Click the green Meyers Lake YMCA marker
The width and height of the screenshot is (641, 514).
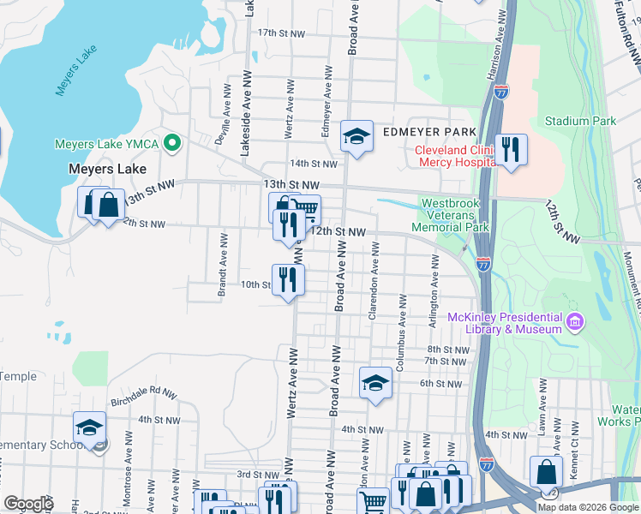pos(171,143)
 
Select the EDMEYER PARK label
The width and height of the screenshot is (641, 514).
pos(428,132)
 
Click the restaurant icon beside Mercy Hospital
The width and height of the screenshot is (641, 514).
pos(511,149)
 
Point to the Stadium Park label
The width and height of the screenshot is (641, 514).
pos(579,122)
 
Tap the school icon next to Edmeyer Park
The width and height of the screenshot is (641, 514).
pos(356,135)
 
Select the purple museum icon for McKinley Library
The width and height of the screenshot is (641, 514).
pos(576,323)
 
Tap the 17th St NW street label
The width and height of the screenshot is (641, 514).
pos(281,33)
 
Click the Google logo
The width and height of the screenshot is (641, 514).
pos(29,504)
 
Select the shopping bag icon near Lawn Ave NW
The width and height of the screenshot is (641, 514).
pos(547,472)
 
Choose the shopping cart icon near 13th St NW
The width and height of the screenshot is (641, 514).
pos(306,209)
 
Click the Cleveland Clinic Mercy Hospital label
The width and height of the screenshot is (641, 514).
pos(454,156)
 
